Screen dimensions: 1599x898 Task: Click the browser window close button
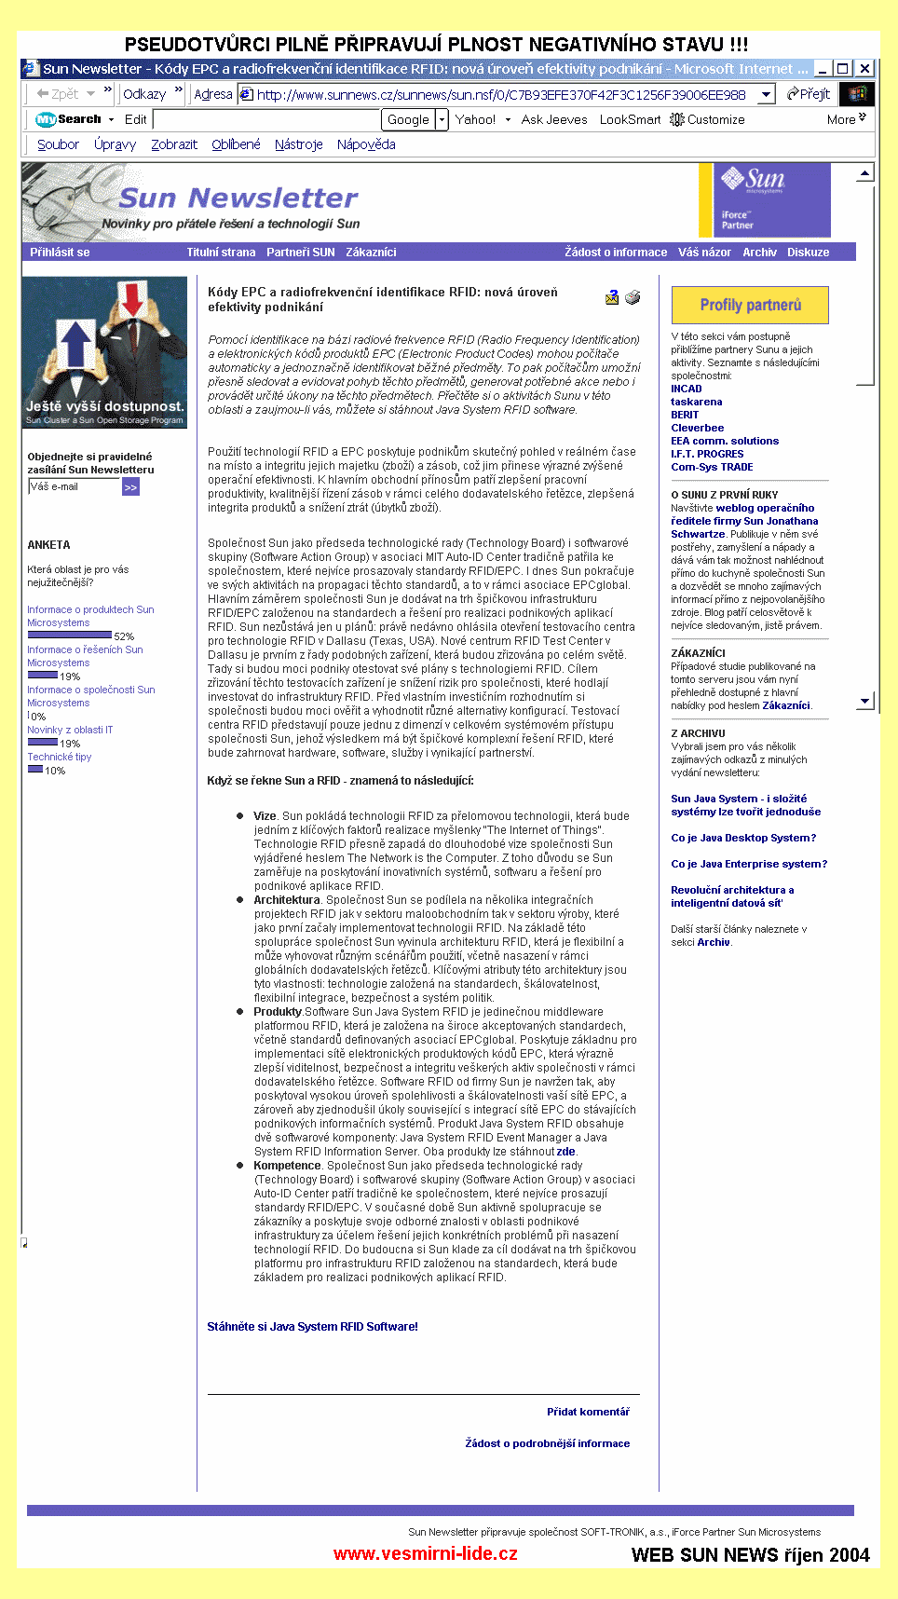[864, 68]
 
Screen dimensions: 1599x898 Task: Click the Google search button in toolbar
[408, 119]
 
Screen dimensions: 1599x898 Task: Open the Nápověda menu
[366, 144]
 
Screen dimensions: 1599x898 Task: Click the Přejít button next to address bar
[808, 94]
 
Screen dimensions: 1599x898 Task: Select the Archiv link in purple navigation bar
[759, 253]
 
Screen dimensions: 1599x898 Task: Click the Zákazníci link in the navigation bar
[371, 253]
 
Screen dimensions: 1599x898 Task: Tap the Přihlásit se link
[60, 253]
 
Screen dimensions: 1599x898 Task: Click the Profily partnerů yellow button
[750, 305]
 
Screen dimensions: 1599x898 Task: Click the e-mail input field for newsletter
[74, 486]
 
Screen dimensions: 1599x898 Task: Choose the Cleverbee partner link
[697, 428]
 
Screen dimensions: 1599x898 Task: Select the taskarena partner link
[696, 402]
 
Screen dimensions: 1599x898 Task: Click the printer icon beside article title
[633, 297]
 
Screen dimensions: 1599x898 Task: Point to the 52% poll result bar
[69, 635]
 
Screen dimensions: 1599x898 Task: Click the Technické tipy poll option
[60, 757]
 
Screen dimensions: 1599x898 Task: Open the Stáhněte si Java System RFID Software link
[312, 1326]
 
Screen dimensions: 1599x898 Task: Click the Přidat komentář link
[588, 1412]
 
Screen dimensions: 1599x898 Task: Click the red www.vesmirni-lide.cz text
[426, 1553]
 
